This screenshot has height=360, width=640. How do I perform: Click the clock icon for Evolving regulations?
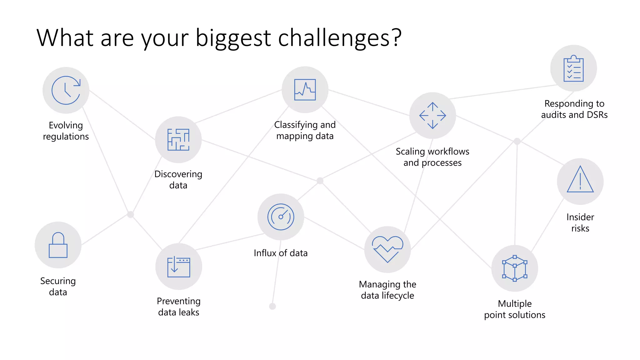point(66,90)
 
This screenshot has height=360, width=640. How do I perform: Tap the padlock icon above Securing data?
point(58,245)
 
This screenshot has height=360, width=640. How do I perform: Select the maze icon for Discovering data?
point(178,140)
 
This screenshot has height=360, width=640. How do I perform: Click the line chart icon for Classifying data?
point(305,90)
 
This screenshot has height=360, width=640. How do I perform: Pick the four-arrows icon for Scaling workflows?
point(432,116)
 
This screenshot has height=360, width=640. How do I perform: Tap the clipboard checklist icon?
point(573,68)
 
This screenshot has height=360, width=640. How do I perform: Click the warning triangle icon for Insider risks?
point(580,179)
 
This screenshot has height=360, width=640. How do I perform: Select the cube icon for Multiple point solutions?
point(515,268)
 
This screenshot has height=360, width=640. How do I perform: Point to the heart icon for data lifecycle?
point(387,249)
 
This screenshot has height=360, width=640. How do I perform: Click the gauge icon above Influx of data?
point(281,217)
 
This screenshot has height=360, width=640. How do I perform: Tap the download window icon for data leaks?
point(179,267)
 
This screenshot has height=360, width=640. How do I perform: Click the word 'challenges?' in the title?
point(340,38)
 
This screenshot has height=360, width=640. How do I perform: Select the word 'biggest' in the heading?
point(233,38)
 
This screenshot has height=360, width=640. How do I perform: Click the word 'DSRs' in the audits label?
point(597,115)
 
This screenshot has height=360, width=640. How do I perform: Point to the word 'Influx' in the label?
point(265,253)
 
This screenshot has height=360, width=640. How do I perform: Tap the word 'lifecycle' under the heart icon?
point(398,295)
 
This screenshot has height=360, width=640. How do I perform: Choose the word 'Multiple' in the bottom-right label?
point(515,303)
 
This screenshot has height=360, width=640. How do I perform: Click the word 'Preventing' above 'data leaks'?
point(178,301)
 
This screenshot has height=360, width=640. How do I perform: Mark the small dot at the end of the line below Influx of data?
point(272,306)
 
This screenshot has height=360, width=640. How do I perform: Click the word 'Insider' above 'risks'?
point(580,217)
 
